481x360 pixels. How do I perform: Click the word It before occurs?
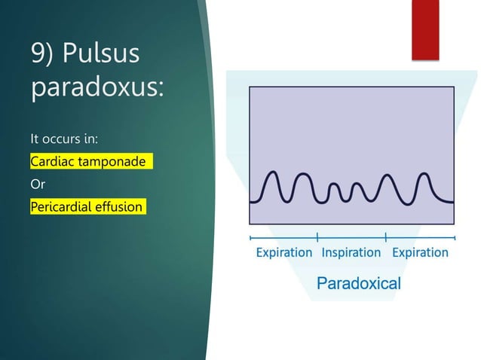point(34,139)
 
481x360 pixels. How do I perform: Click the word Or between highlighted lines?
point(37,184)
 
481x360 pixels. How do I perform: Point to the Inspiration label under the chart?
point(351,252)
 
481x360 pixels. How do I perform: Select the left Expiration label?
point(284,252)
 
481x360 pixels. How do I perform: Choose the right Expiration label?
point(420,252)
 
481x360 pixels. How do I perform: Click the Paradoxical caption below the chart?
point(359,284)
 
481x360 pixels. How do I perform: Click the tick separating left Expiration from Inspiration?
point(317,236)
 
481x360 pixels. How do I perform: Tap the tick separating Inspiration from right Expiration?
point(385,236)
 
